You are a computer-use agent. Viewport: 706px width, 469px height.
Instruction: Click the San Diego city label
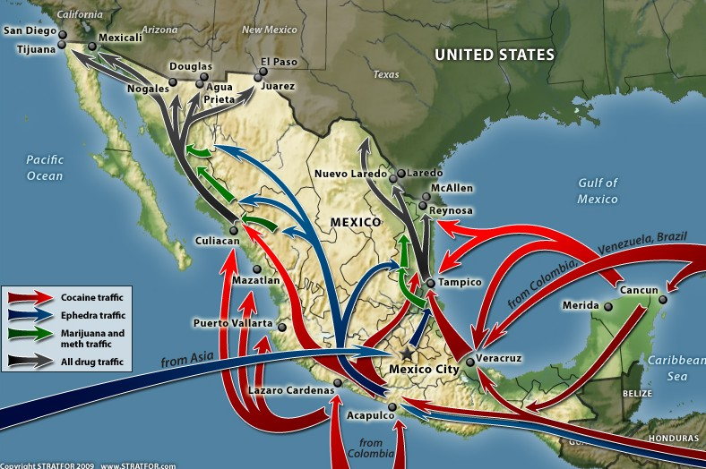coord(29,30)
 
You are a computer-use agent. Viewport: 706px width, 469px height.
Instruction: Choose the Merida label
coord(580,305)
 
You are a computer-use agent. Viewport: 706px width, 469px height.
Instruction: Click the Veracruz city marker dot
coord(470,362)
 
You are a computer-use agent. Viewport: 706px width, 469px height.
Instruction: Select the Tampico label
coord(461,282)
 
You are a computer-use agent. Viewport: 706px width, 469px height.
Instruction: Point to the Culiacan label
coord(217,241)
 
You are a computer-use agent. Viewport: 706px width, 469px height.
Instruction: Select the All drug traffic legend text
coord(95,362)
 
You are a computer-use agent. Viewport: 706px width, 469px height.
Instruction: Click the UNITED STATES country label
coord(495,55)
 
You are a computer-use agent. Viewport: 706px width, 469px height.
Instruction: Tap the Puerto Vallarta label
coord(233,322)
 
